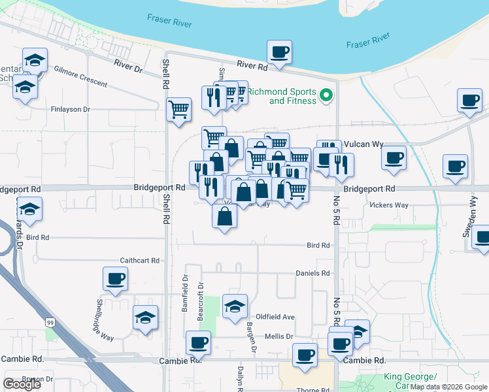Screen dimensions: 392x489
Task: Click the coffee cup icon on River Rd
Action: (x=279, y=52)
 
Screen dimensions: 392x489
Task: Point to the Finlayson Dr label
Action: (x=70, y=109)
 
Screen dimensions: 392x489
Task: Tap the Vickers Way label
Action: (x=389, y=205)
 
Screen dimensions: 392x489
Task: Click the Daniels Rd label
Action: (x=313, y=273)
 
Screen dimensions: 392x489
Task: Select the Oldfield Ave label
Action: (x=275, y=316)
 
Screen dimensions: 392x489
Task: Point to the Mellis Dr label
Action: (x=278, y=336)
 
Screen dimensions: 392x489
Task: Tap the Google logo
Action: (x=22, y=384)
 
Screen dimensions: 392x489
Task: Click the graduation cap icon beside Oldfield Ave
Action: (x=235, y=306)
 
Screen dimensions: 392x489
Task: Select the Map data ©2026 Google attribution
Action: (x=449, y=387)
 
